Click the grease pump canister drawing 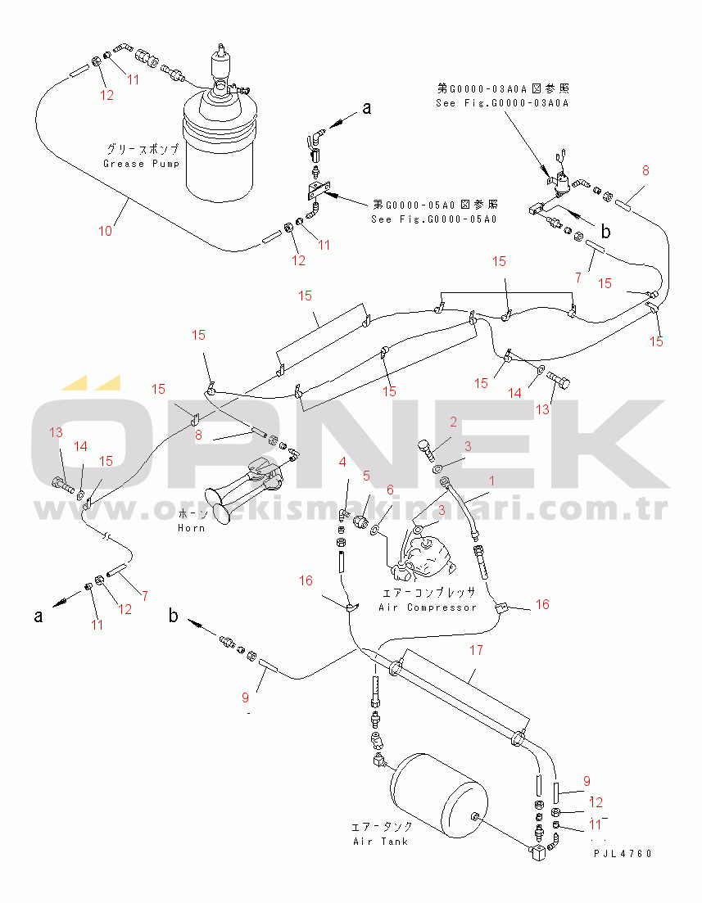(x=218, y=147)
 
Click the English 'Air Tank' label (x=380, y=842)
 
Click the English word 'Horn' (x=191, y=528)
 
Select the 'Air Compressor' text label (x=427, y=607)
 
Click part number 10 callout (x=106, y=231)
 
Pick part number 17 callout (x=476, y=652)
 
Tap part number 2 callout (x=452, y=422)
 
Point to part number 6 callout (x=390, y=490)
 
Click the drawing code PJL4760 (x=623, y=854)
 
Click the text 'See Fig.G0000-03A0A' (x=502, y=102)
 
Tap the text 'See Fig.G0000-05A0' (x=434, y=219)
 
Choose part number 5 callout (x=366, y=475)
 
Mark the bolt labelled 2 (x=425, y=449)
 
